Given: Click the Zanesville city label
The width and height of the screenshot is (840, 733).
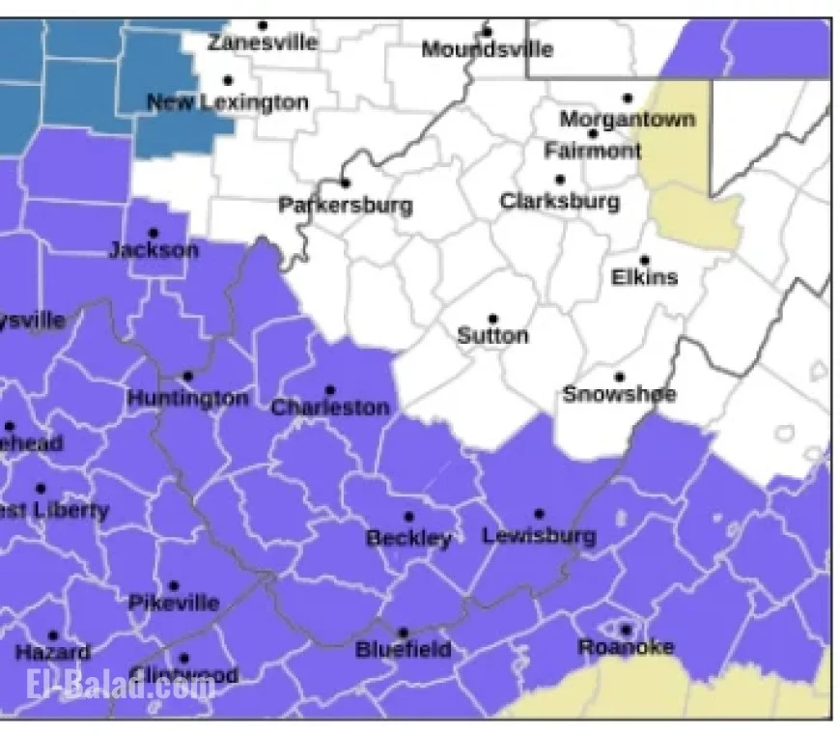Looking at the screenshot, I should pyautogui.click(x=263, y=42).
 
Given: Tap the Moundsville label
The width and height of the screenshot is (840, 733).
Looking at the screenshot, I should pyautogui.click(x=488, y=49).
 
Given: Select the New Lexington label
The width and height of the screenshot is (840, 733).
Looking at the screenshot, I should pyautogui.click(x=228, y=102).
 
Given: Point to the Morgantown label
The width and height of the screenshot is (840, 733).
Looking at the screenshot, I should pyautogui.click(x=628, y=120).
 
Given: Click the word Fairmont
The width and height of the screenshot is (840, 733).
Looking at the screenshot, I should pyautogui.click(x=593, y=151).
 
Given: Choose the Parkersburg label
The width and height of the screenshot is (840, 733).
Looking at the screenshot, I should pyautogui.click(x=345, y=205).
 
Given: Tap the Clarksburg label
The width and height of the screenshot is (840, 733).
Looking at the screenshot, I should pyautogui.click(x=560, y=201).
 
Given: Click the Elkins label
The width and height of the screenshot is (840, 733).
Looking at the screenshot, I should pyautogui.click(x=645, y=277).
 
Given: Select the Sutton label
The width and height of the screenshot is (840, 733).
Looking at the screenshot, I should pyautogui.click(x=492, y=336).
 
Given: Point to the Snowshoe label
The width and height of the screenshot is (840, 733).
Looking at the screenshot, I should pyautogui.click(x=619, y=394).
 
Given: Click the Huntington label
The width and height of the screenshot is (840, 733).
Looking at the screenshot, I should pyautogui.click(x=187, y=398).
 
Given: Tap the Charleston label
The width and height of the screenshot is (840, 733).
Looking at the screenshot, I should pyautogui.click(x=329, y=408).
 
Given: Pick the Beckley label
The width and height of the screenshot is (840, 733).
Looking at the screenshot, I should pyautogui.click(x=408, y=538).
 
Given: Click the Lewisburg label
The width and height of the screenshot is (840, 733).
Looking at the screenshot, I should pyautogui.click(x=539, y=535).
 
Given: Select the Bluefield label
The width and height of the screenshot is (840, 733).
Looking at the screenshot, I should pyautogui.click(x=403, y=649).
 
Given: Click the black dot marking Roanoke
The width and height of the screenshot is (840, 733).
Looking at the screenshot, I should pyautogui.click(x=626, y=630).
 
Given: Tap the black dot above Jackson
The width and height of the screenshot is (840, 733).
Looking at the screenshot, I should pyautogui.click(x=153, y=233).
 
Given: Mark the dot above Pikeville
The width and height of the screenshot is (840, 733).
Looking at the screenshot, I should pyautogui.click(x=174, y=585).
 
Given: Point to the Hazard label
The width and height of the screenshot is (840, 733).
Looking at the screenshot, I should pyautogui.click(x=52, y=653).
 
